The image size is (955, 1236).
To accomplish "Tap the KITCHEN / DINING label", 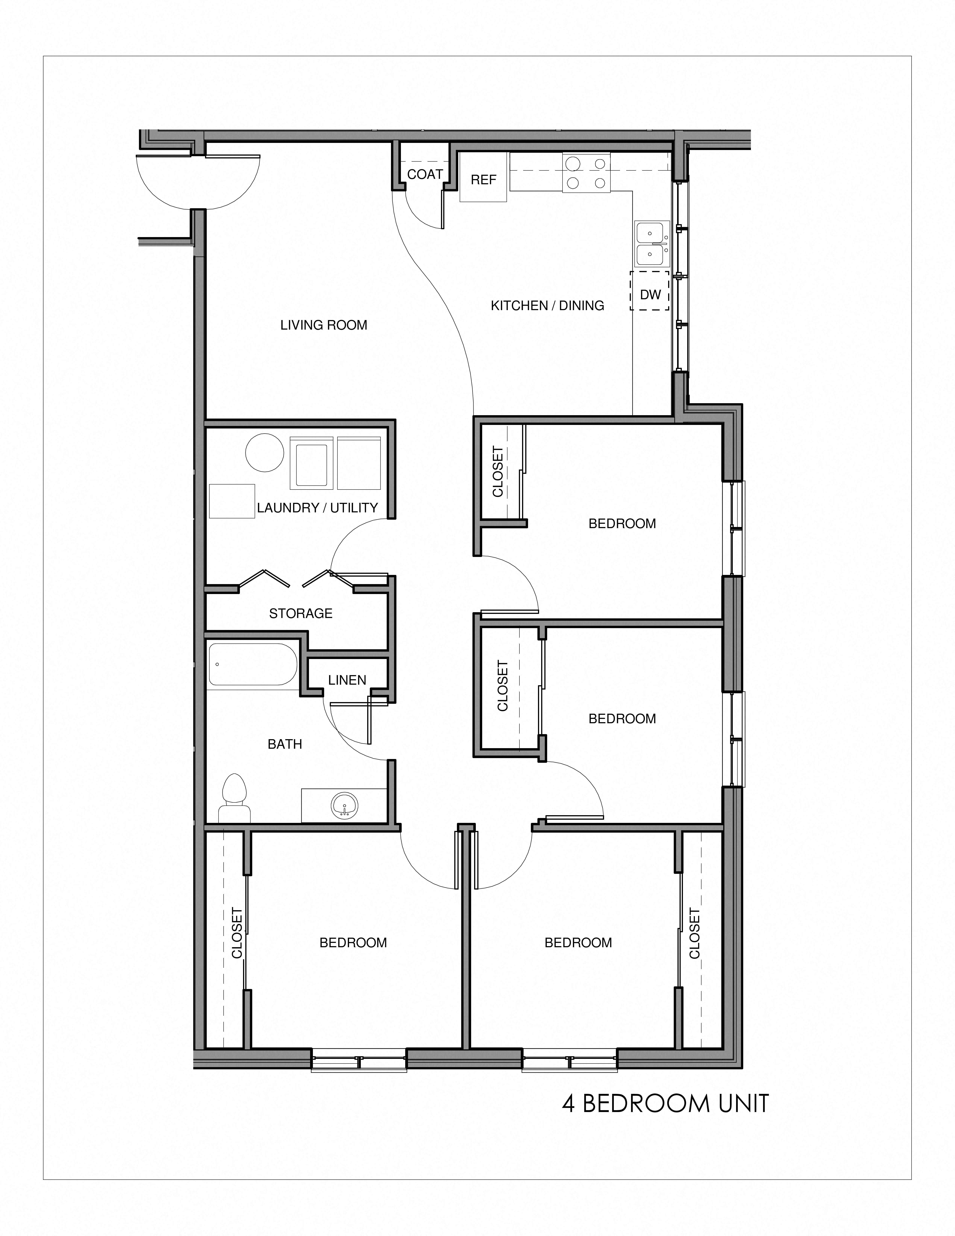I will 547,306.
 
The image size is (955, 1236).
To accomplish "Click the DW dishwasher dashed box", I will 650,294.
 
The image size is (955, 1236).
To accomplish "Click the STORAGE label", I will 300,614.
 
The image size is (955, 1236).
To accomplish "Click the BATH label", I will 285,744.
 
